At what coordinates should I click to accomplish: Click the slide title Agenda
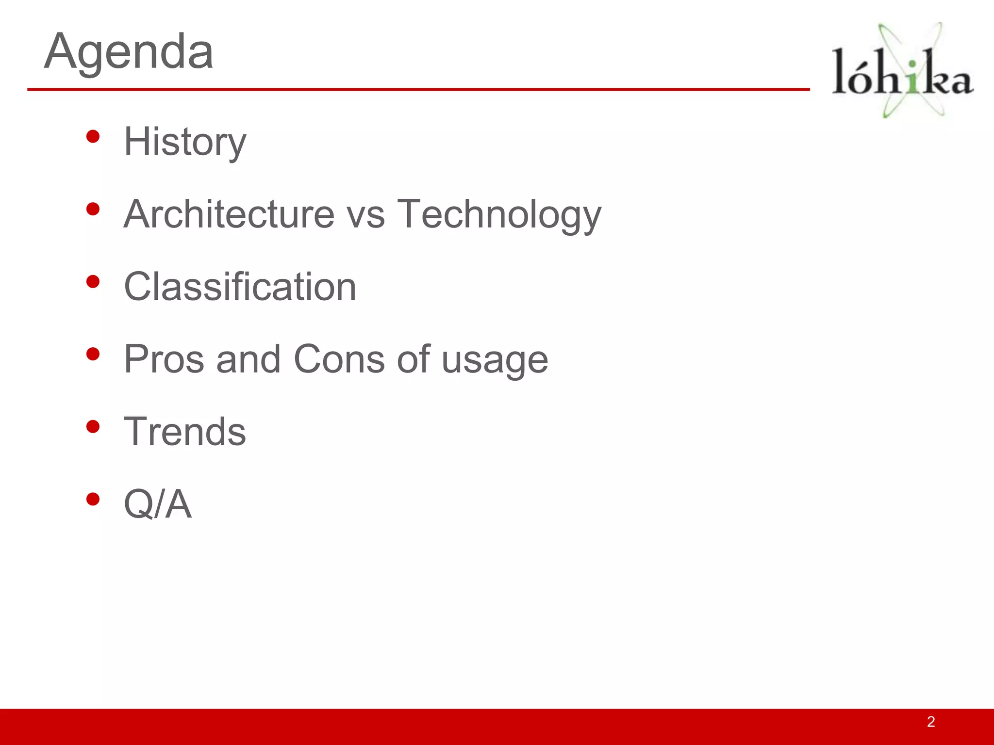pyautogui.click(x=129, y=51)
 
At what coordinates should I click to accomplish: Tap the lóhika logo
pyautogui.click(x=903, y=70)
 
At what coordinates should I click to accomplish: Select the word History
pyautogui.click(x=185, y=142)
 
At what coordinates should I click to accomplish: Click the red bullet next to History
pyautogui.click(x=93, y=137)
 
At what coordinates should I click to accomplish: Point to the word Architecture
pyautogui.click(x=229, y=214)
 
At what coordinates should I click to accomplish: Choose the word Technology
pyautogui.click(x=499, y=215)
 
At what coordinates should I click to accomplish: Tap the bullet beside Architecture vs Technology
pyautogui.click(x=93, y=209)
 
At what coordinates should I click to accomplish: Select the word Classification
pyautogui.click(x=240, y=286)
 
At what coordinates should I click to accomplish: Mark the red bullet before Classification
pyautogui.click(x=93, y=282)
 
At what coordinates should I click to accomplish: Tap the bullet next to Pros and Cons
pyautogui.click(x=93, y=354)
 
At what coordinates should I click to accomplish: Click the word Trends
pyautogui.click(x=185, y=431)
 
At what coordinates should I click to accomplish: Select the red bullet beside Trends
pyautogui.click(x=93, y=427)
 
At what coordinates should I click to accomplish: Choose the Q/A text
pyautogui.click(x=158, y=504)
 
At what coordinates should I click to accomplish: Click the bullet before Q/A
pyautogui.click(x=93, y=499)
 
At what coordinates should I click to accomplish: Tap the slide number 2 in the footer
pyautogui.click(x=931, y=722)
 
